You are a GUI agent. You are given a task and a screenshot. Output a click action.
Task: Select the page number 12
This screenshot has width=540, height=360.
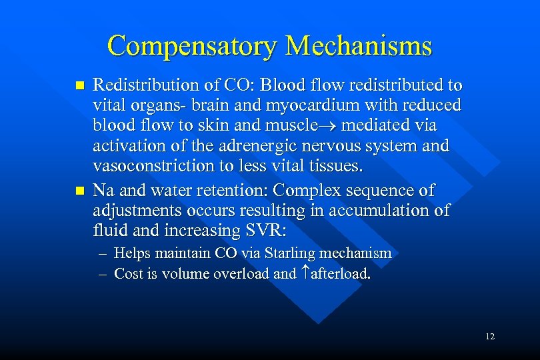[490, 337]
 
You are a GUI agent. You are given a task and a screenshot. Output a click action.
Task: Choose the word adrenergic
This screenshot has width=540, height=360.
[262, 145]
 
